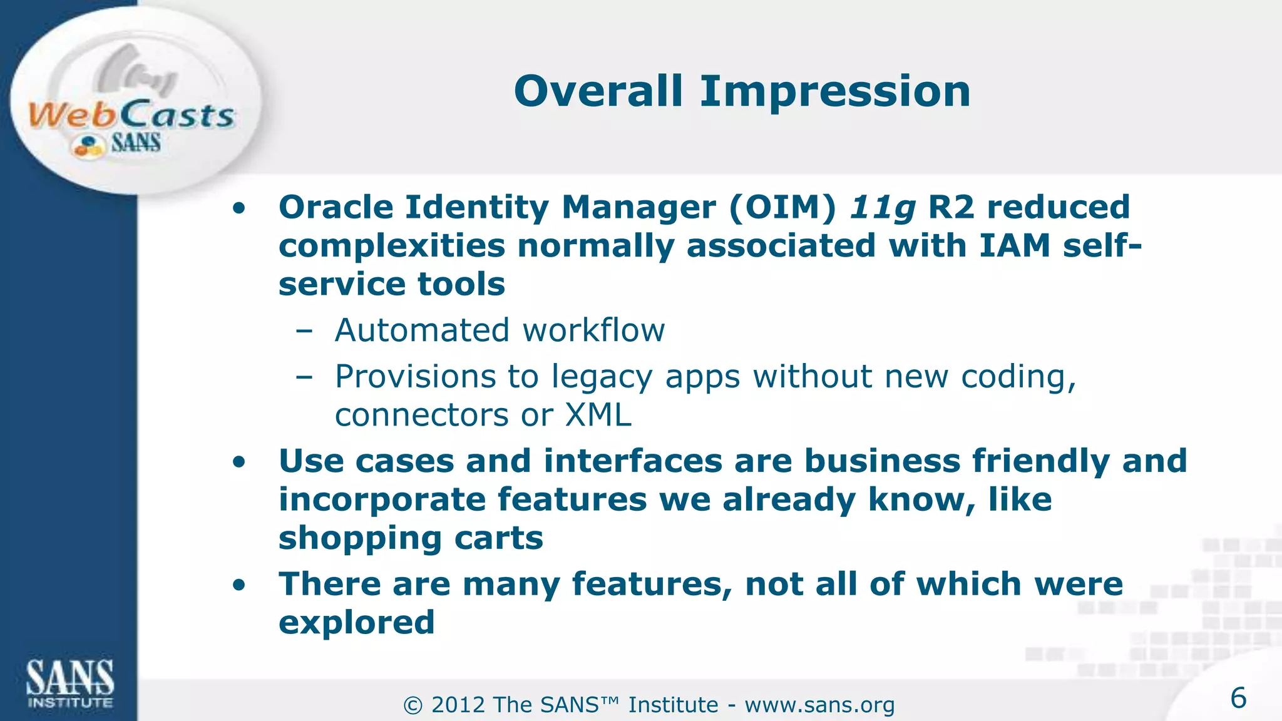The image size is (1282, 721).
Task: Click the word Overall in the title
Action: pos(598,91)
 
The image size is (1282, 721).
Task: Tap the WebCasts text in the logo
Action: pos(131,116)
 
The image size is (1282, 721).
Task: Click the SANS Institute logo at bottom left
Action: pos(69,683)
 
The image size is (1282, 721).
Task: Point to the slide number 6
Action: pos(1238,698)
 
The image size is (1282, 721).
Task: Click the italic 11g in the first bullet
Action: pos(882,208)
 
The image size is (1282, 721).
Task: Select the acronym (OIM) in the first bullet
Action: pos(782,208)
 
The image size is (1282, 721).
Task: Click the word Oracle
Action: pos(336,207)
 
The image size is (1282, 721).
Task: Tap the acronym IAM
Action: pos(1014,245)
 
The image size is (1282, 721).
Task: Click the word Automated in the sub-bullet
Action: pos(423,330)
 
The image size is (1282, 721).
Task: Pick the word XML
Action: pos(598,415)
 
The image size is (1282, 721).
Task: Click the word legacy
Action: pos(602,377)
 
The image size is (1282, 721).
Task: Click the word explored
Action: pos(356,623)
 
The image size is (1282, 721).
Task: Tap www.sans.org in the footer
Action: pos(819,705)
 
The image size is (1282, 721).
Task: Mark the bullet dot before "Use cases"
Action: pos(238,463)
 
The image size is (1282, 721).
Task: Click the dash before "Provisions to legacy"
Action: pos(304,377)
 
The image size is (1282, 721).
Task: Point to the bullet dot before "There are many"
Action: pos(238,585)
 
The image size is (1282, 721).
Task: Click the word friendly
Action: pos(1040,462)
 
